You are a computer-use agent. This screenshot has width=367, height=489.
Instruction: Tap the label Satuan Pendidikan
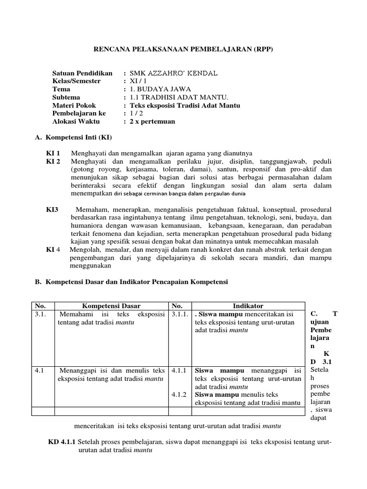tap(82, 74)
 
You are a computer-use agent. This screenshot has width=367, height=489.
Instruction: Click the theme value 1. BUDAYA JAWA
tap(158, 90)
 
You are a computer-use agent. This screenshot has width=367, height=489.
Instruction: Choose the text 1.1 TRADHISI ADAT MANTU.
tap(170, 98)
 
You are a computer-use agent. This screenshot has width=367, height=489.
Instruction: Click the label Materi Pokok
tap(74, 106)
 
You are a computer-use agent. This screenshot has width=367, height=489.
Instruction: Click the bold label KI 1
tap(53, 154)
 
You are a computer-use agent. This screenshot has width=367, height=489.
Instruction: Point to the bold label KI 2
tap(53, 162)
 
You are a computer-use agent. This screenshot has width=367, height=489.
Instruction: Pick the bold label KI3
tap(52, 210)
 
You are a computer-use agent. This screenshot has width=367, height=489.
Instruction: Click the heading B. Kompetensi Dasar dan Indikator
tap(131, 282)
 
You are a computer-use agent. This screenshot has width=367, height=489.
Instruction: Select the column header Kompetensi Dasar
tap(111, 306)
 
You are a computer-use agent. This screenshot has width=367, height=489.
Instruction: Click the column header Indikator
tap(248, 306)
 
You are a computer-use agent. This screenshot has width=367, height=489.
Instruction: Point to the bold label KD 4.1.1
tap(62, 442)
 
